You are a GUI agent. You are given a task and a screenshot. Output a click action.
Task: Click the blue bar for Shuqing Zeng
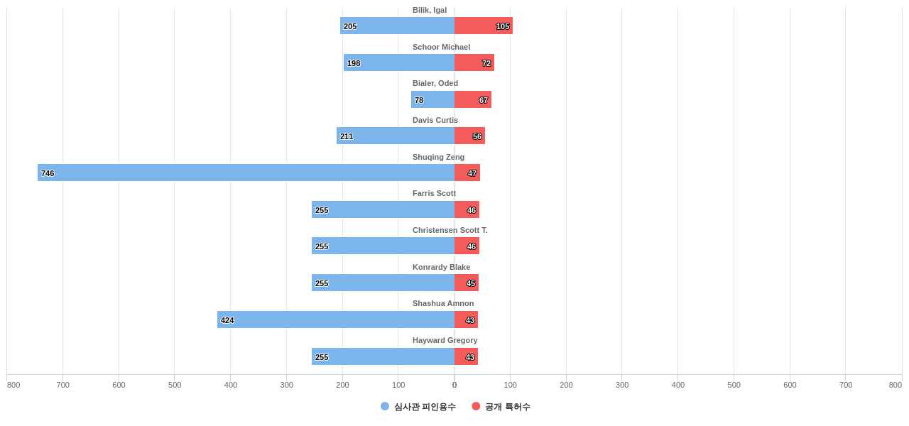coord(246,173)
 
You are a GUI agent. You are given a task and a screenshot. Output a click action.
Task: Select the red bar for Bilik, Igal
coord(483,26)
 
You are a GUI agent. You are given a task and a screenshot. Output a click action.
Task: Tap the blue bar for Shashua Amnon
coord(336,319)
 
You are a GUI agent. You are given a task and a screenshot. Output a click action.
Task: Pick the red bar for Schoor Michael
coord(474,62)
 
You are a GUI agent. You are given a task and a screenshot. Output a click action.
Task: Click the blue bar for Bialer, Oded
coord(432,99)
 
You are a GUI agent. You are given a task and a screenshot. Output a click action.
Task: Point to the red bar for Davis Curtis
coord(469,136)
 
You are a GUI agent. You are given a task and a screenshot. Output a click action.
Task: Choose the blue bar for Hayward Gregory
coord(383,356)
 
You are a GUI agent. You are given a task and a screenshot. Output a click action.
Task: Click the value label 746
coord(48,173)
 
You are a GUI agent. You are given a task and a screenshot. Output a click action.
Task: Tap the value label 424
coord(227,320)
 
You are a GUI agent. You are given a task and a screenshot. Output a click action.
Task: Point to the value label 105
coord(503,26)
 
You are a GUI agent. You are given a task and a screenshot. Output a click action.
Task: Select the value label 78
coord(419,100)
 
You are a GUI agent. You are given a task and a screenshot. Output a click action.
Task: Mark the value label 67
coord(484,100)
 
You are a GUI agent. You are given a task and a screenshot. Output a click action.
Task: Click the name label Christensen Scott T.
coord(450,230)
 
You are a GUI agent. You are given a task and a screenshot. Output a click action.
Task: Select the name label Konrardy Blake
coord(441,267)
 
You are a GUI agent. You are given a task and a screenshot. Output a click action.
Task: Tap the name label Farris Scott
coord(434,193)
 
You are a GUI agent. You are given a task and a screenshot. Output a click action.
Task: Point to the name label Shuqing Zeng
coord(438,157)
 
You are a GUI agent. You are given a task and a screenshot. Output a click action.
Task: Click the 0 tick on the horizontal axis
coord(454,385)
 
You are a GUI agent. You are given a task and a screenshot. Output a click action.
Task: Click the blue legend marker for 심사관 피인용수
coord(385,406)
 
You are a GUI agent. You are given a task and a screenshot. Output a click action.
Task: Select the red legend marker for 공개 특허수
coord(476,406)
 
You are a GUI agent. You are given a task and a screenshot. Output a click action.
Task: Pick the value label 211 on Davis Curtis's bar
coord(347,136)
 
